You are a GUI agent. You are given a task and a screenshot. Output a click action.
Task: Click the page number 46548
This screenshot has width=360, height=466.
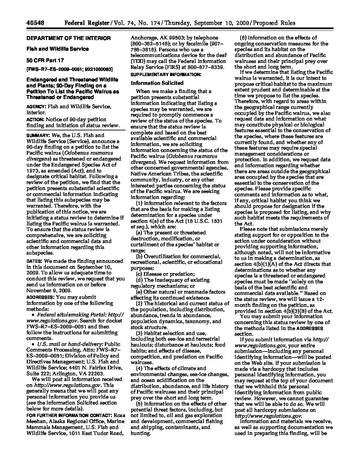35,23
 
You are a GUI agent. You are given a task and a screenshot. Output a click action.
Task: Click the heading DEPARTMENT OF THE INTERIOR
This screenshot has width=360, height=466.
68,38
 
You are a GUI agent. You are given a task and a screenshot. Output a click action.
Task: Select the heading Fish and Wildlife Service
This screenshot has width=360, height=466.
58,49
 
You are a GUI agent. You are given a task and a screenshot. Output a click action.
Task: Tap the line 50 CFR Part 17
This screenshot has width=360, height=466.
45,60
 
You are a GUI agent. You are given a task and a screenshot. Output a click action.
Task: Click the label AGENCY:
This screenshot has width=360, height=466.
36,107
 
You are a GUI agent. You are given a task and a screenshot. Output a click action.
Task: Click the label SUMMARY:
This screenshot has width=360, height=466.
38,135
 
